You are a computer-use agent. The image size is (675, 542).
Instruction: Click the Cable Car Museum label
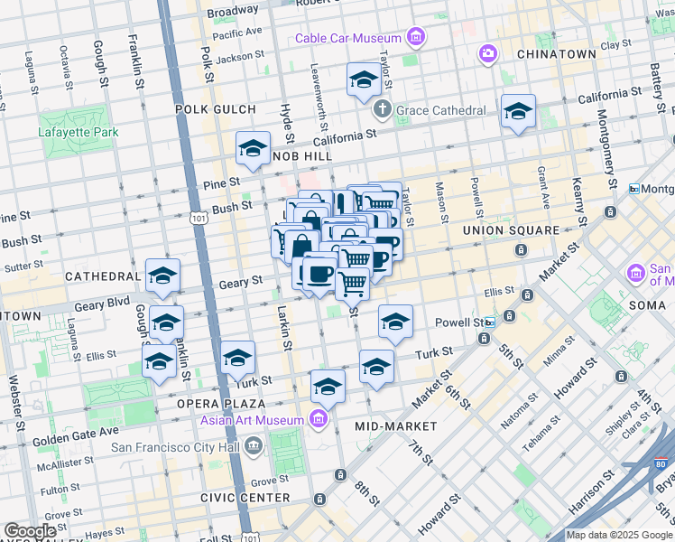[348, 38]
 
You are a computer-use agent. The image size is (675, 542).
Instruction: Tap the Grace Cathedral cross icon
[382, 109]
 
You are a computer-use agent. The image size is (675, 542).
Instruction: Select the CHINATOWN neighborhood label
[556, 54]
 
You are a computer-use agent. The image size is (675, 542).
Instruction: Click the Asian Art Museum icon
[318, 418]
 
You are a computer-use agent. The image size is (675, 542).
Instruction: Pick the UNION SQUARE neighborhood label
[511, 230]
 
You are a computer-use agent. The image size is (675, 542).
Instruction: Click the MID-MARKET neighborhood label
[395, 425]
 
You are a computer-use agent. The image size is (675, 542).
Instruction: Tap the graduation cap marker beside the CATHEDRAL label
[162, 276]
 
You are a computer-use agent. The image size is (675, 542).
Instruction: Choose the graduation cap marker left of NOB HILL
[253, 147]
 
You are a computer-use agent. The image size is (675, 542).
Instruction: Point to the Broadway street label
[232, 12]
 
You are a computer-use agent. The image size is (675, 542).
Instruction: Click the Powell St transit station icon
[489, 322]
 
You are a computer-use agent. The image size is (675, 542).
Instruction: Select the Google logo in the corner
[30, 531]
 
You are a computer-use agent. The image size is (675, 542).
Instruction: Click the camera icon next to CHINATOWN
[488, 54]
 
